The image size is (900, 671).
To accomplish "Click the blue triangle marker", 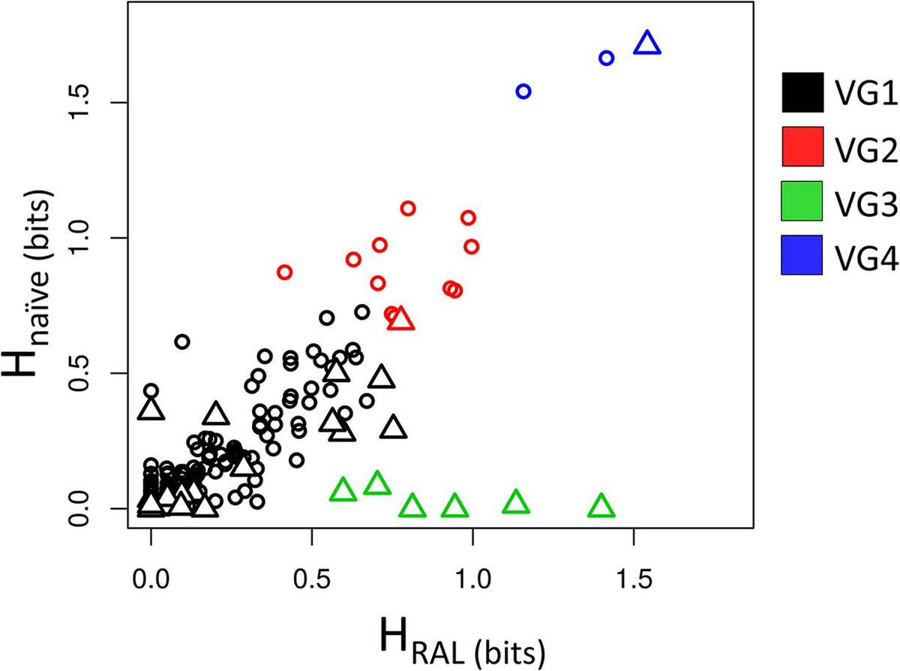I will pyautogui.click(x=647, y=44).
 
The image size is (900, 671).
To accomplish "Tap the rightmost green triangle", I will pyautogui.click(x=601, y=507).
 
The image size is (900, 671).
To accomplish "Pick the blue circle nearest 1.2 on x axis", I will pyautogui.click(x=523, y=91).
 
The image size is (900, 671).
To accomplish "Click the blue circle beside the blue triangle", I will pyautogui.click(x=607, y=58).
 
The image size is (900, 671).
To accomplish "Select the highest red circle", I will pyautogui.click(x=408, y=208).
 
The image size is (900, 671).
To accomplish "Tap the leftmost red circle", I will pyautogui.click(x=284, y=272).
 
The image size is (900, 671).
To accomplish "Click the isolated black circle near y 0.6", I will pyautogui.click(x=181, y=342).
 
